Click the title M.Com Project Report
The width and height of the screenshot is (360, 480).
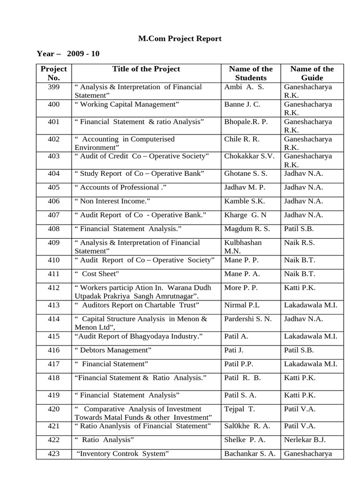pos(180,39)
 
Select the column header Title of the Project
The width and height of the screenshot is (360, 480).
pos(146,69)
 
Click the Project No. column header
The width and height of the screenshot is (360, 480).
pos(53,73)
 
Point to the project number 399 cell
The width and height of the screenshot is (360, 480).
pos(53,87)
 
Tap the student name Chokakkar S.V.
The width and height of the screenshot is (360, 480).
pos(249,156)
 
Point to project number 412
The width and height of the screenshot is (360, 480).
pos(53,288)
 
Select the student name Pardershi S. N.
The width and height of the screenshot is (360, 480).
pos(248,319)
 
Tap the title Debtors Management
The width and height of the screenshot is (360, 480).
pos(113,350)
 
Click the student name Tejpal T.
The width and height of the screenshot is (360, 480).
pos(240,409)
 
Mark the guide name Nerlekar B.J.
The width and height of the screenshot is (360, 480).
pos(305,440)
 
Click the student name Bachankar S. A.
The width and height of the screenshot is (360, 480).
pos(249,454)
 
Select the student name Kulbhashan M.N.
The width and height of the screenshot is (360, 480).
pos(243,247)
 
